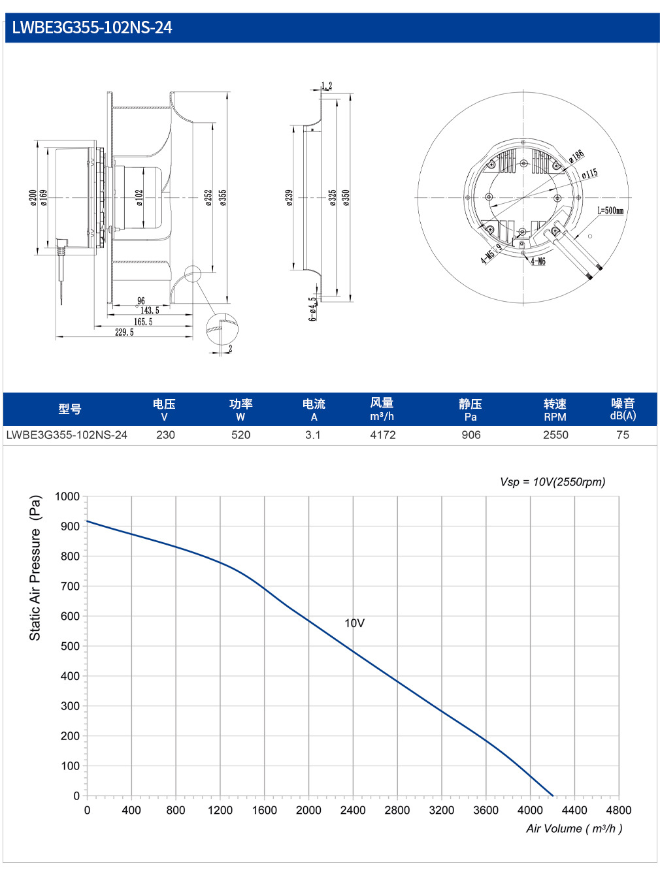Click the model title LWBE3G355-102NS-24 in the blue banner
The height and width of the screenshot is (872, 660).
point(92,27)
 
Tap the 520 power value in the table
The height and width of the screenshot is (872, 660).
point(240,435)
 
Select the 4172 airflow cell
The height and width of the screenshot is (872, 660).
point(383,435)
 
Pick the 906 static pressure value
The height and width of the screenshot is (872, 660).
point(471,435)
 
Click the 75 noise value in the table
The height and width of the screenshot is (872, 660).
point(623,435)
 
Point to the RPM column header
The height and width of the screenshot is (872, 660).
point(555,417)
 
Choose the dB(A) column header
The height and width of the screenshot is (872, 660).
point(623,416)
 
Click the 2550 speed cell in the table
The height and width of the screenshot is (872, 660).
point(555,435)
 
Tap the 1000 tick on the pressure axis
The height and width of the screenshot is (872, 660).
point(67,496)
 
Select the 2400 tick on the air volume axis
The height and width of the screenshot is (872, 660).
point(353,811)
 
